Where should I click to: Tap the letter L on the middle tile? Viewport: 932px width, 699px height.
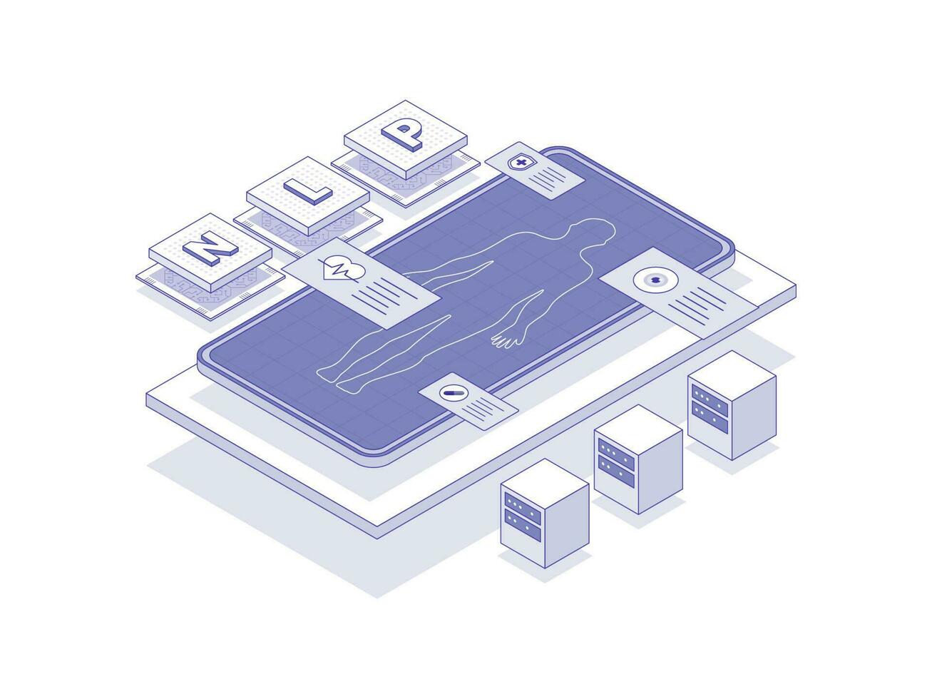(x=308, y=190)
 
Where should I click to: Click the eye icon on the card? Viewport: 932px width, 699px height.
(x=652, y=280)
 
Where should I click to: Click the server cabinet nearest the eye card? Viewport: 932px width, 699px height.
(x=731, y=404)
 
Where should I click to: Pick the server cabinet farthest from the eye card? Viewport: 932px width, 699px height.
(x=544, y=514)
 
